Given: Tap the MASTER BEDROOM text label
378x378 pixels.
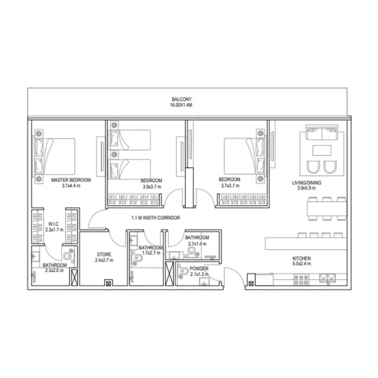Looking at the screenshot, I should tap(71, 180).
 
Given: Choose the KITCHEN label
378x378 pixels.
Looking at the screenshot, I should tap(301, 258).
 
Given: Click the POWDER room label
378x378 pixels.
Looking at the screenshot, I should tap(199, 268).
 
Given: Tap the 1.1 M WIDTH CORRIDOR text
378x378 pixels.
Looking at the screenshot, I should tap(156, 218).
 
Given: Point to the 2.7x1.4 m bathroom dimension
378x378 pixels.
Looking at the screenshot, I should tap(197, 244).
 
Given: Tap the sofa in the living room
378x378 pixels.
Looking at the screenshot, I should tap(321, 134).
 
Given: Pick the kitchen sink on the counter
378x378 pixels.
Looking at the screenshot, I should tap(328, 278).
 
